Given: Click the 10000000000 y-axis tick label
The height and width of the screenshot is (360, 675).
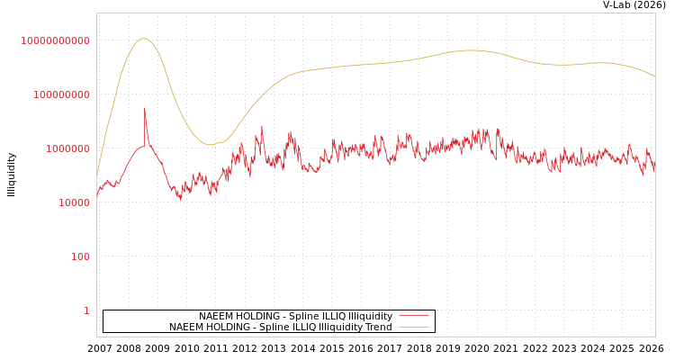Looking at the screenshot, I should point(56,40).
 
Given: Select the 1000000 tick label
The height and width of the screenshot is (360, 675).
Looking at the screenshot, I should point(67,148).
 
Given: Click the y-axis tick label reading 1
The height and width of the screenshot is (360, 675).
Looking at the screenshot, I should point(86,310).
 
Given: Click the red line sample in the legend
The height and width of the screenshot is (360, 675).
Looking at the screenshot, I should point(414,317).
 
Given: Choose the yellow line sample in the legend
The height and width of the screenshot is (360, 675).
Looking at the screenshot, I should point(414,328).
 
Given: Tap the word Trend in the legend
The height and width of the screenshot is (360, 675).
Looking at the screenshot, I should point(377,328).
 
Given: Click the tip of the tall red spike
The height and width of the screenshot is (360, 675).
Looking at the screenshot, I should point(144,109).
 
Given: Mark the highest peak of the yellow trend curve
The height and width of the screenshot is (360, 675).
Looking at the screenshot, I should point(144,38).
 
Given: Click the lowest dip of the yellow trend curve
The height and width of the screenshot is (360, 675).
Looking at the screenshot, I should point(211,144).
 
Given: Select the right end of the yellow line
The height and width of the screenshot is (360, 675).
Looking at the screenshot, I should point(655,76).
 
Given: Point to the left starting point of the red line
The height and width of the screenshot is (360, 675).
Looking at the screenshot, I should point(97,194).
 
